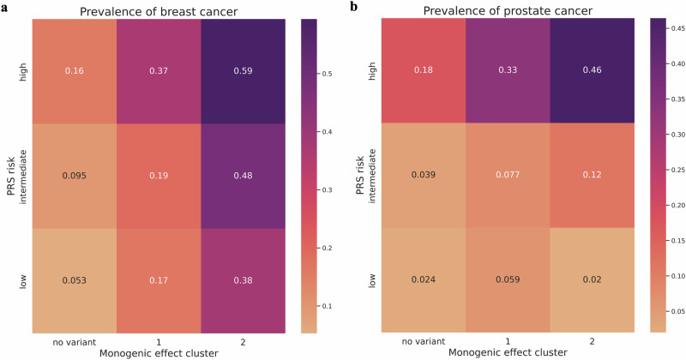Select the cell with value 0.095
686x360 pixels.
point(74,175)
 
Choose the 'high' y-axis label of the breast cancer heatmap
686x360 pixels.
point(22,71)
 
